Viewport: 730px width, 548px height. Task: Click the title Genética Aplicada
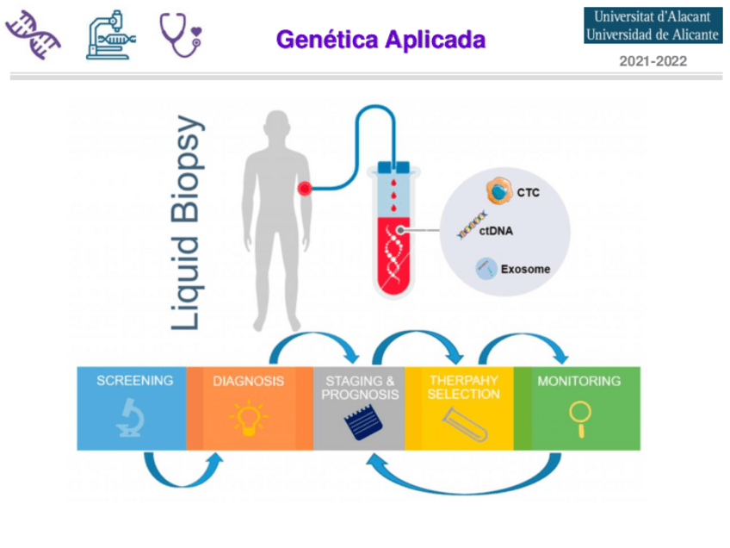pos(380,39)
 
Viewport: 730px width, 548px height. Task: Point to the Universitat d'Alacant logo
pos(653,26)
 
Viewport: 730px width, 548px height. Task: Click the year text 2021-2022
pos(653,62)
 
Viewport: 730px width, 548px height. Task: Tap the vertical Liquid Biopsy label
pos(187,222)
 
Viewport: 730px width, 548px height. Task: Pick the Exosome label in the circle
pos(527,270)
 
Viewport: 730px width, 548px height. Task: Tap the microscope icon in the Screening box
pos(132,418)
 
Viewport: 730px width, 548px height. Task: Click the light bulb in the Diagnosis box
pos(249,417)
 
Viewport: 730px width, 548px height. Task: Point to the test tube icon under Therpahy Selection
pos(464,421)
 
